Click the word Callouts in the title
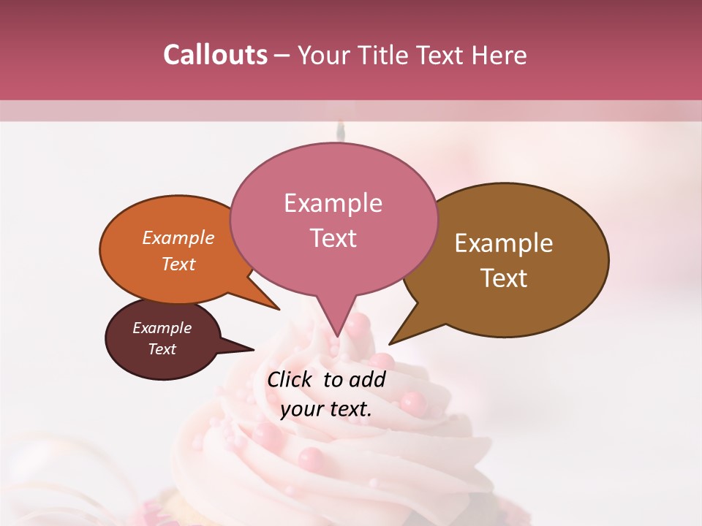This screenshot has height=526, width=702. [x=215, y=55]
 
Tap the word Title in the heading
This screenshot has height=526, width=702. [x=385, y=56]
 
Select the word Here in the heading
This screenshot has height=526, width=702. [x=499, y=56]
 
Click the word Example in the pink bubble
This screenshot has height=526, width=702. [x=333, y=203]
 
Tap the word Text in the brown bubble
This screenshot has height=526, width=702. [x=504, y=278]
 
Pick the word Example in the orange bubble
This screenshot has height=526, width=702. [x=178, y=237]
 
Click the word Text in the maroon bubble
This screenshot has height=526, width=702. [x=162, y=349]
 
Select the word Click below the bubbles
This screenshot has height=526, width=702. [x=290, y=379]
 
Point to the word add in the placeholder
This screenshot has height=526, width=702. [x=367, y=379]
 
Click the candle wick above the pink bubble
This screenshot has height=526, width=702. [x=339, y=131]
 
